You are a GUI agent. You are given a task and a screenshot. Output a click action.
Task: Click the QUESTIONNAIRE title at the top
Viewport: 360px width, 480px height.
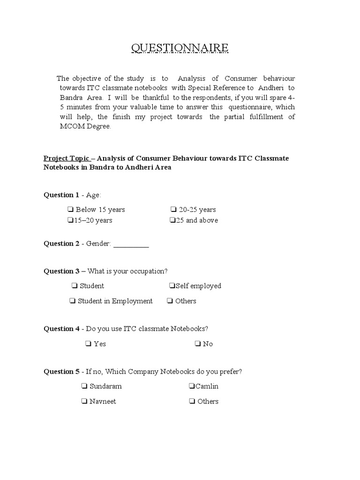pyautogui.click(x=180, y=48)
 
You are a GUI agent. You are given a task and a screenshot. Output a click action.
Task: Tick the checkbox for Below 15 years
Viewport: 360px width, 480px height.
pyautogui.click(x=70, y=210)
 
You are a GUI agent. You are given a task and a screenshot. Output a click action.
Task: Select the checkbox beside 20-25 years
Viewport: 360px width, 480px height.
pyautogui.click(x=173, y=210)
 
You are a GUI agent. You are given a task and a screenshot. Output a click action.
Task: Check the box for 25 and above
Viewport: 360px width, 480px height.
pyautogui.click(x=172, y=220)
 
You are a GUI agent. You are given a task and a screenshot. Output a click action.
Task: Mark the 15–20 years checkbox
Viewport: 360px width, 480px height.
pyautogui.click(x=69, y=220)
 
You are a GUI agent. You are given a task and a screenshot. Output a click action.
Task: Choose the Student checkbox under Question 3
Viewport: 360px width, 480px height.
pyautogui.click(x=75, y=286)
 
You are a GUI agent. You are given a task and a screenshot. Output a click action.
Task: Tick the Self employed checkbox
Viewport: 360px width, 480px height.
pyautogui.click(x=172, y=286)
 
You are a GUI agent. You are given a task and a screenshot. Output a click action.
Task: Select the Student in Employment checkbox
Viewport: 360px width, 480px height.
pyautogui.click(x=73, y=301)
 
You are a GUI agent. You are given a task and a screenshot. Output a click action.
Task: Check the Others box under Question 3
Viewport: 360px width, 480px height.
pyautogui.click(x=170, y=301)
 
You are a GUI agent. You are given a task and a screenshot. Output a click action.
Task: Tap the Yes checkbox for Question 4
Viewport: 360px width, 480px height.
pyautogui.click(x=88, y=344)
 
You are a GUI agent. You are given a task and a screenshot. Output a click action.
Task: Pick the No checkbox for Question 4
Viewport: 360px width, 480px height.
pyautogui.click(x=197, y=344)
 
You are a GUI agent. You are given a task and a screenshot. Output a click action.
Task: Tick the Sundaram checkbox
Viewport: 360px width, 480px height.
pyautogui.click(x=84, y=387)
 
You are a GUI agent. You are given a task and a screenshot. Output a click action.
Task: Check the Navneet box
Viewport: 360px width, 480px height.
pyautogui.click(x=84, y=402)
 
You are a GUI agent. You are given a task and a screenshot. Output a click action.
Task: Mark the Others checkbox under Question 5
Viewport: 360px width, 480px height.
pyautogui.click(x=192, y=402)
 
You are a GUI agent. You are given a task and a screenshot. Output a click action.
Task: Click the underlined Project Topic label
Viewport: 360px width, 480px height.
pyautogui.click(x=66, y=158)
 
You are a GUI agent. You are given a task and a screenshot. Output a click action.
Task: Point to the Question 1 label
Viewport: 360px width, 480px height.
pyautogui.click(x=61, y=195)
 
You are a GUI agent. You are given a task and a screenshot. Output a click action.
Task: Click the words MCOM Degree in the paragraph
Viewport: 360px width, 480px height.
pyautogui.click(x=85, y=127)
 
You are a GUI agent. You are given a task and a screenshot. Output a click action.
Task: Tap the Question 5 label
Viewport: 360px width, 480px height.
pyautogui.click(x=61, y=372)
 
